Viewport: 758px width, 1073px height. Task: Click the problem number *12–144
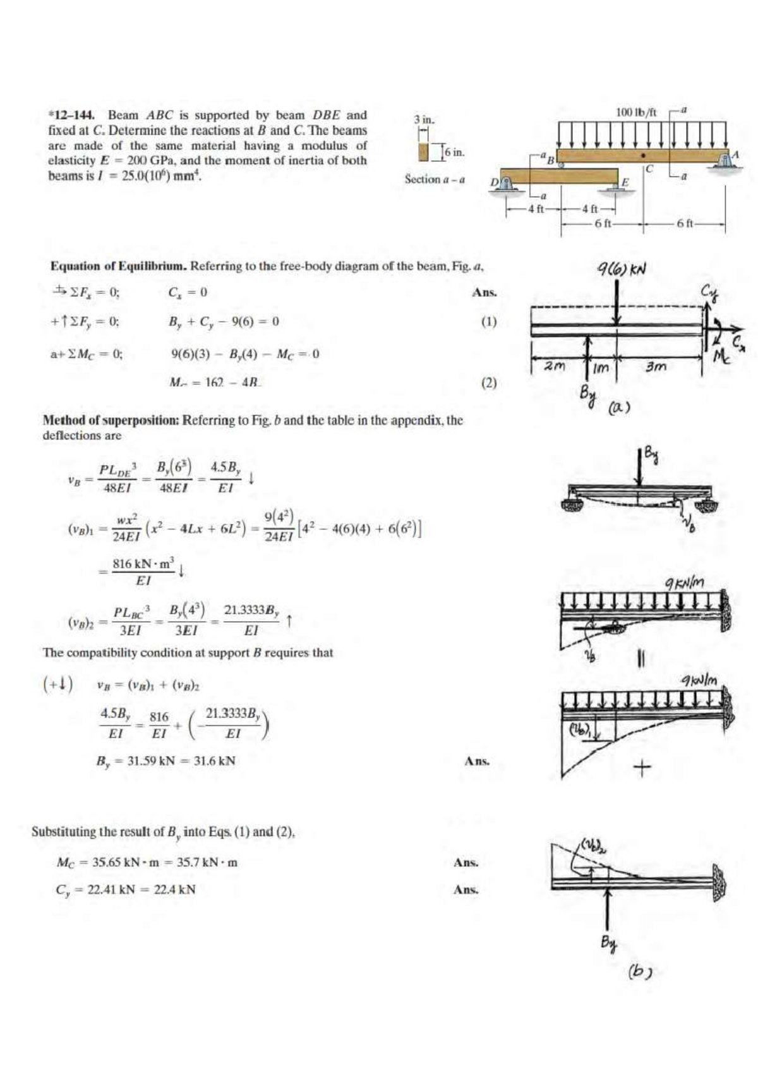(71, 115)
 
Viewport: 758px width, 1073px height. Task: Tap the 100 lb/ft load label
(636, 112)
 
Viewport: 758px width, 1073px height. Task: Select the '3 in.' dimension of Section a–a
(424, 119)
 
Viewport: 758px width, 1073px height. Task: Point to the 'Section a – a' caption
(435, 179)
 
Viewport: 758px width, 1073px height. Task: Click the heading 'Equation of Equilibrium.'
(118, 266)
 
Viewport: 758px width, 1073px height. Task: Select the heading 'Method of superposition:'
(111, 420)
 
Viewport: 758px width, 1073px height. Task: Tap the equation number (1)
(489, 322)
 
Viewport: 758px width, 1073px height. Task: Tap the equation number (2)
(489, 382)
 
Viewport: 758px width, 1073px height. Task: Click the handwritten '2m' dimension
(555, 366)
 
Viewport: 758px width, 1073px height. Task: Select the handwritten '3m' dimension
(656, 367)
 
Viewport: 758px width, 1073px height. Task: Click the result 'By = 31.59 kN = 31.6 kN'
(165, 761)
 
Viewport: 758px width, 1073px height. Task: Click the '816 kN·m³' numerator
(143, 564)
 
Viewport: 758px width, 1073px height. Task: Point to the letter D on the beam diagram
(495, 183)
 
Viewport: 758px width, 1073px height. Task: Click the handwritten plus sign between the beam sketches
(642, 768)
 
